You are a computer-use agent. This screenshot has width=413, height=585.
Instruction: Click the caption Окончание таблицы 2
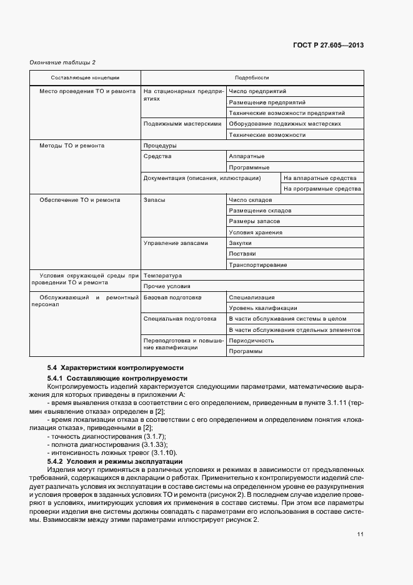[62, 62]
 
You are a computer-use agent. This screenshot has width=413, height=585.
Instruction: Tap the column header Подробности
[252, 77]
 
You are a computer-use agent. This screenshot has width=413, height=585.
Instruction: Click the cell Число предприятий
[253, 91]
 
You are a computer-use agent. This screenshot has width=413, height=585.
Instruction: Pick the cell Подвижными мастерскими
[182, 124]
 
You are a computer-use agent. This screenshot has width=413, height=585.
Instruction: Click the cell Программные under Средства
[249, 167]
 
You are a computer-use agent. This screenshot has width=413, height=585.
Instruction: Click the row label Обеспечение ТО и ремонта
[80, 200]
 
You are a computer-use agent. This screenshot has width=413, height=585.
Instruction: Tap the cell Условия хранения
[256, 232]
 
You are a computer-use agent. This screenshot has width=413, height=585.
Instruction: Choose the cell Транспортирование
[258, 265]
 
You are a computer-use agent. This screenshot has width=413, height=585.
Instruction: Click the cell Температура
[162, 276]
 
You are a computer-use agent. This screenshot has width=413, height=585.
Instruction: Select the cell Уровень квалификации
[263, 308]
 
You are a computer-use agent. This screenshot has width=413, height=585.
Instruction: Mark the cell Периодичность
[252, 341]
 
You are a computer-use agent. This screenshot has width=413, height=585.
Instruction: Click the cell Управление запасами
[176, 243]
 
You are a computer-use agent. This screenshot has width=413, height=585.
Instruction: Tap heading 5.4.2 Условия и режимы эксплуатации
[114, 461]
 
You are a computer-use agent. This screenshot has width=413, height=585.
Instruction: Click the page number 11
[361, 533]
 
